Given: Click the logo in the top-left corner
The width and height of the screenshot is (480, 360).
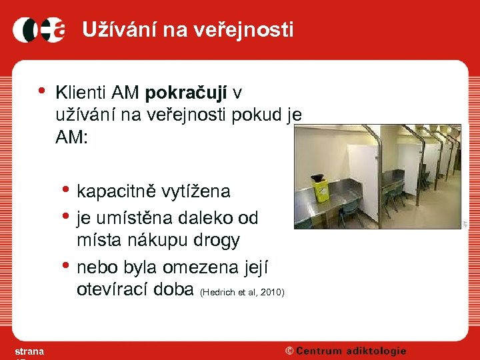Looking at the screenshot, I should click(38, 29).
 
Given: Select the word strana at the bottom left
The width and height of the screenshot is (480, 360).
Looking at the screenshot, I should click(29, 351).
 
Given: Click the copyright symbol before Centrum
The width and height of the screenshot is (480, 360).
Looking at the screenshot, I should click(289, 351).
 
